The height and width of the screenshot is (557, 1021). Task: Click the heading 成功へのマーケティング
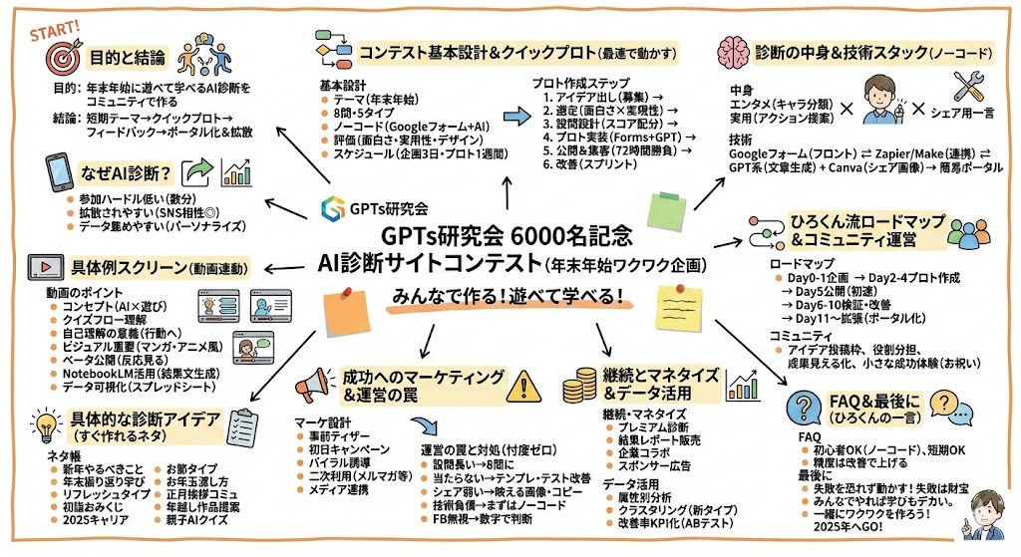pos(423,376)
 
